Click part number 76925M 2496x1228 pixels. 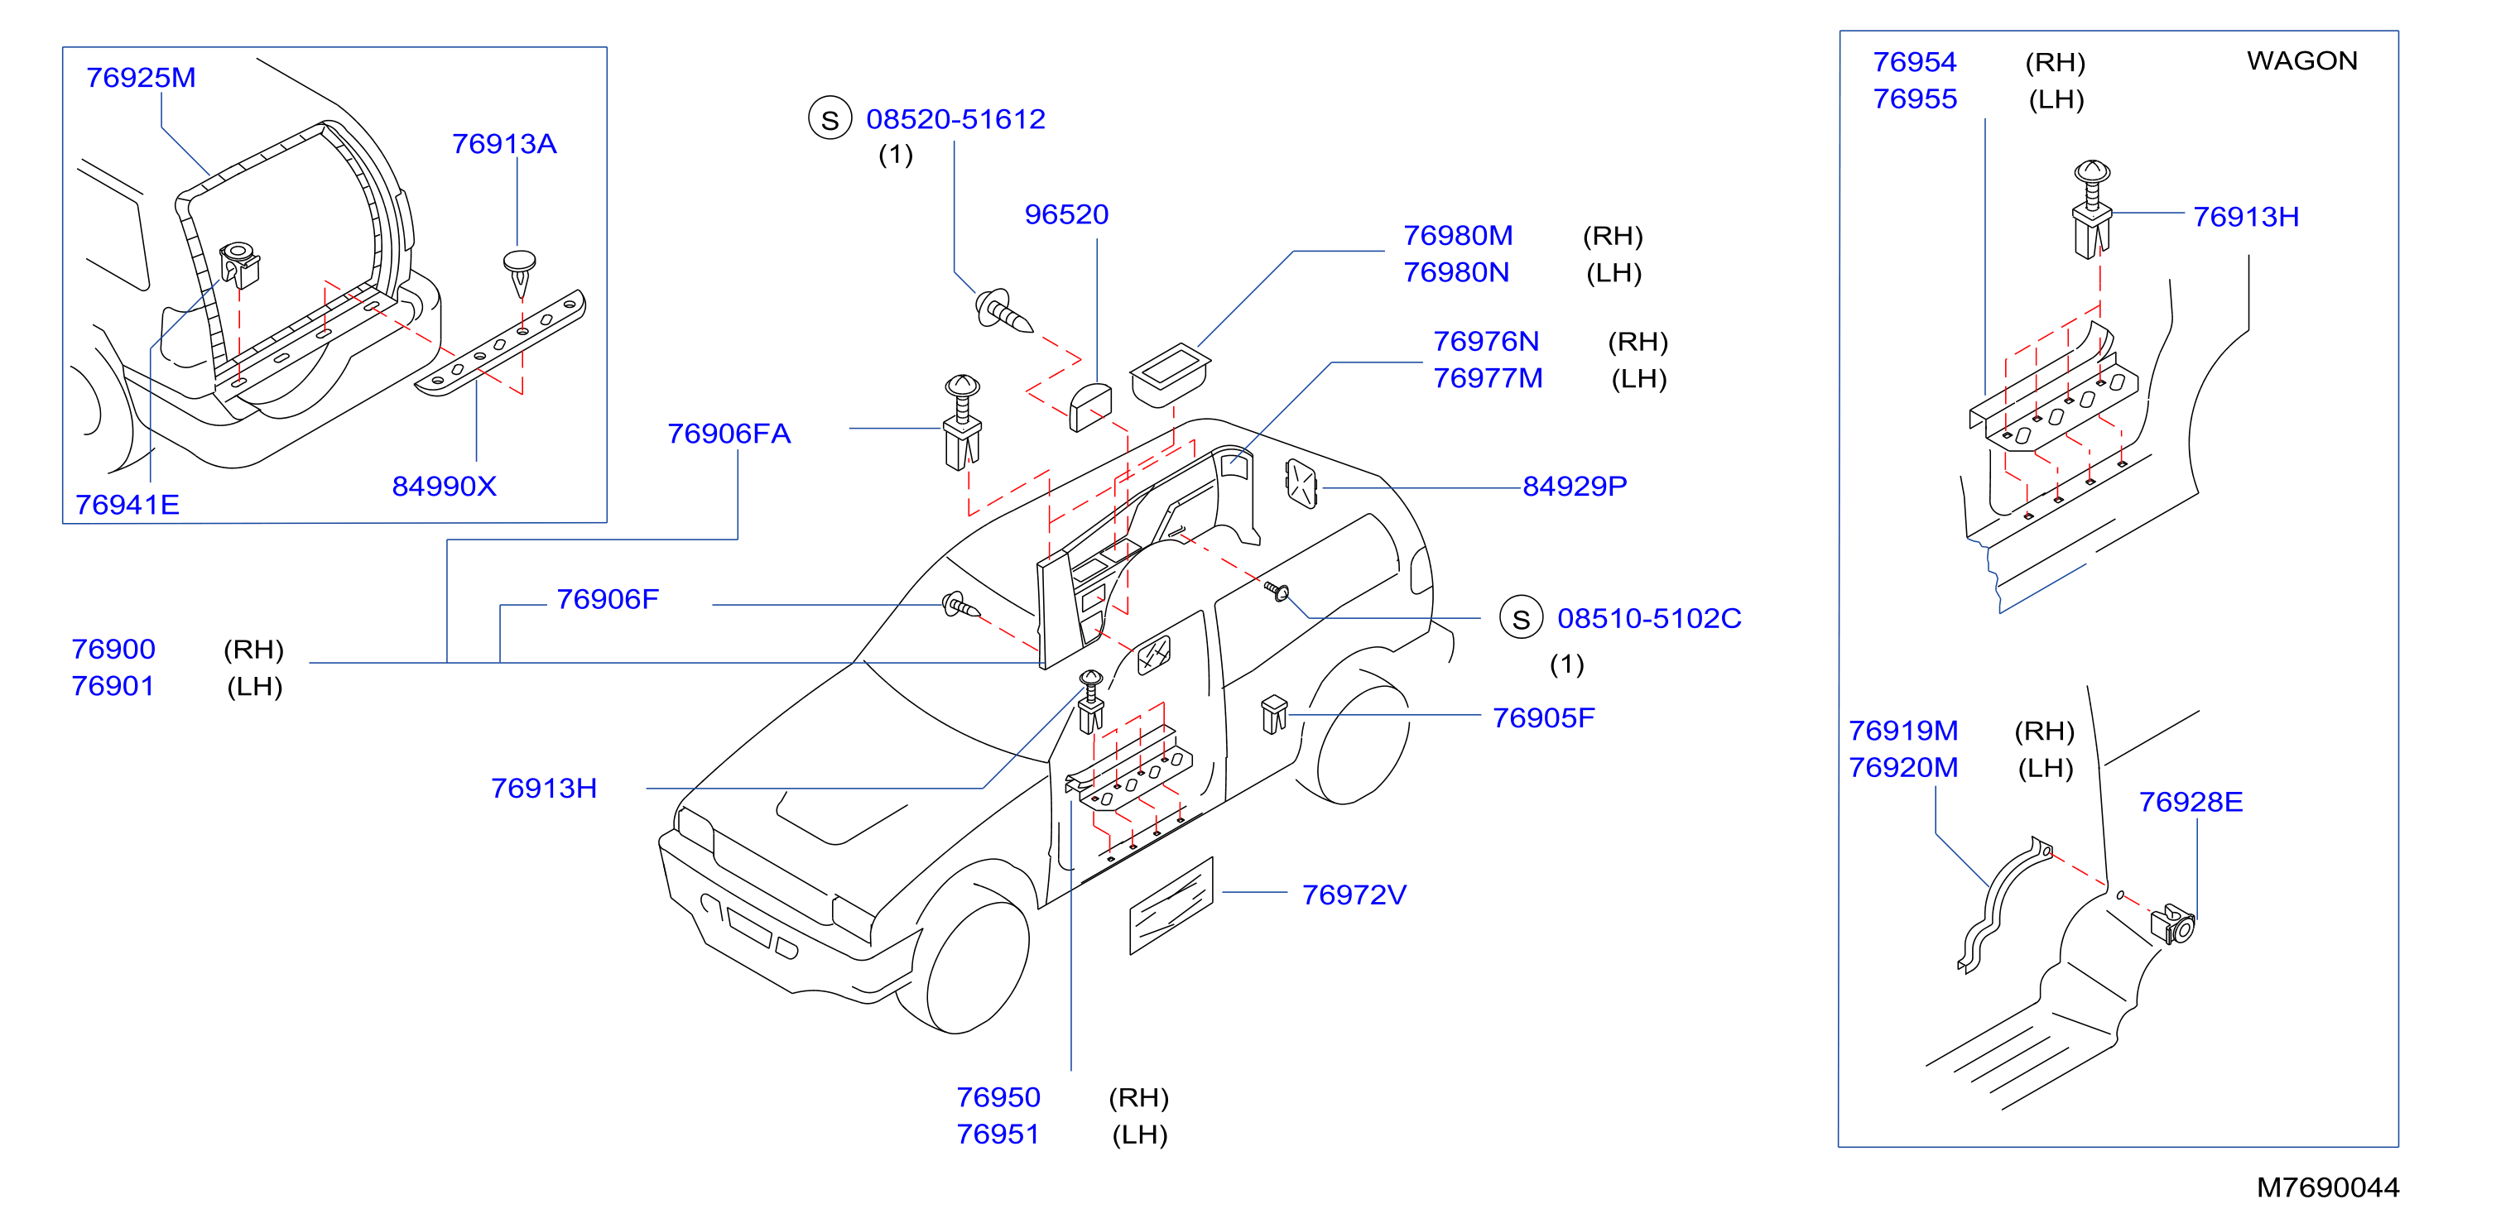pyautogui.click(x=141, y=78)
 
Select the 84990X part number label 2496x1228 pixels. pyautogui.click(x=444, y=487)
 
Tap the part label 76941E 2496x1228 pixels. pyautogui.click(x=127, y=505)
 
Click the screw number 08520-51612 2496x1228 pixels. pyautogui.click(x=955, y=119)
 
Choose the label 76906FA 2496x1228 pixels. pyautogui.click(x=729, y=434)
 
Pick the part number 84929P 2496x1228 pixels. pyautogui.click(x=1575, y=487)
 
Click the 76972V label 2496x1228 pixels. pyautogui.click(x=1354, y=895)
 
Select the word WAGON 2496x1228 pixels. pyautogui.click(x=2302, y=61)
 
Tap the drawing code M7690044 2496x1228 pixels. pyautogui.click(x=2327, y=1187)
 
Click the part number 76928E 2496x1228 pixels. pyautogui.click(x=2191, y=802)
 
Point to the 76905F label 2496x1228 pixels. pyautogui.click(x=1543, y=717)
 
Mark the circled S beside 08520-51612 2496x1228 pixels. pyautogui.click(x=830, y=119)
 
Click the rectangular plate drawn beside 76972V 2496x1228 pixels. pyautogui.click(x=1171, y=905)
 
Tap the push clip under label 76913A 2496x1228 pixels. pyautogui.click(x=521, y=273)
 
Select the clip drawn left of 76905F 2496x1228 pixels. pyautogui.click(x=1274, y=715)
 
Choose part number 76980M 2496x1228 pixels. pyautogui.click(x=1458, y=235)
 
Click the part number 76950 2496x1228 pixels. pyautogui.click(x=998, y=1097)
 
